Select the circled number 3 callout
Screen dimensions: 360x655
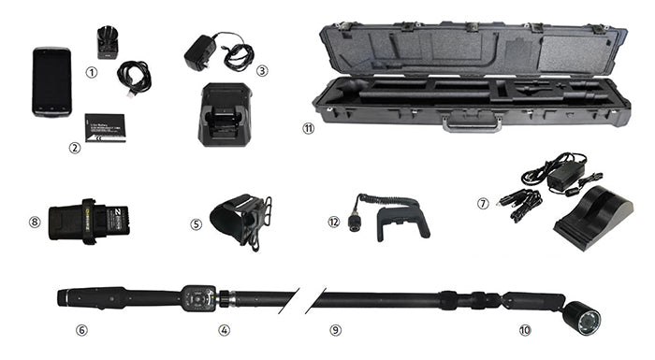tap(263, 69)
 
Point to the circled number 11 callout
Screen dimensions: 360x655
tap(308, 129)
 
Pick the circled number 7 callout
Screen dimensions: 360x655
tap(483, 202)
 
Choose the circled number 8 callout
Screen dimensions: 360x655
tap(35, 222)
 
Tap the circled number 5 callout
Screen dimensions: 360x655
tap(196, 224)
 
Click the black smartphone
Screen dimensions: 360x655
tap(51, 81)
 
